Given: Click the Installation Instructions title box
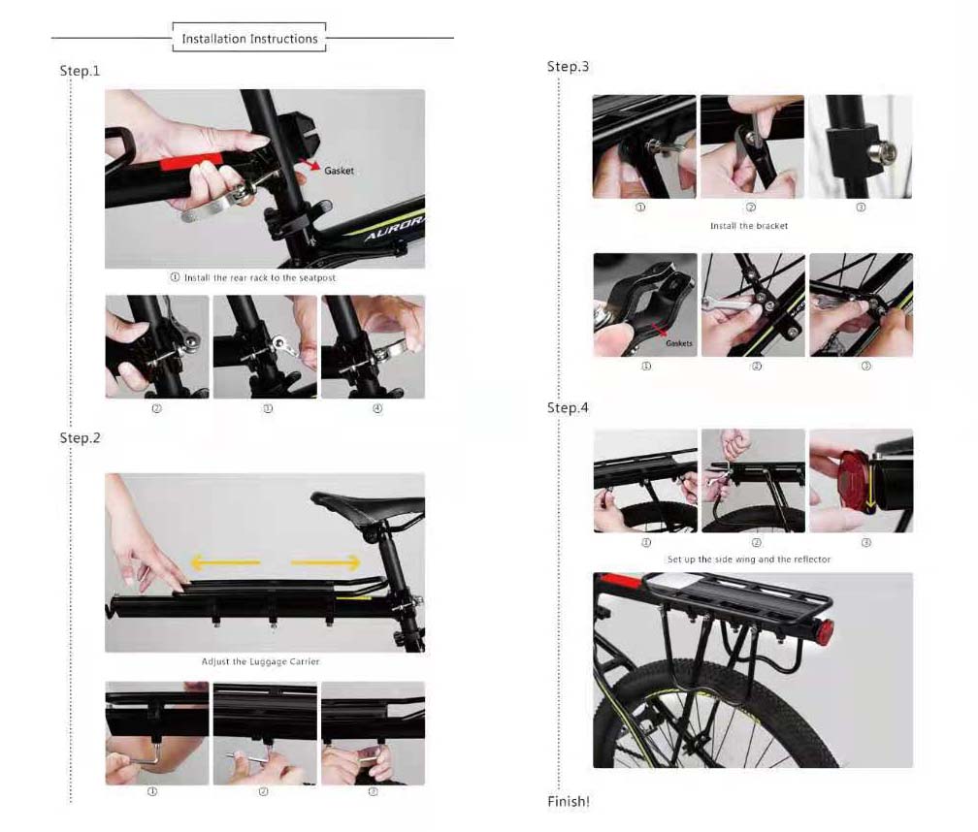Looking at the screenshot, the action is point(249,38).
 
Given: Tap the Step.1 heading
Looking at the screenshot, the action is point(80,71).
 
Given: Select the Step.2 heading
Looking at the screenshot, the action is point(80,438).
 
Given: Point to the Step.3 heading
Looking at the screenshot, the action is point(568,67).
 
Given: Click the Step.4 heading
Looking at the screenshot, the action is point(568,407).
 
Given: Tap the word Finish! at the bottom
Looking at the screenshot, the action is point(569,802).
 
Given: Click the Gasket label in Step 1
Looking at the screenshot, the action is point(339,171).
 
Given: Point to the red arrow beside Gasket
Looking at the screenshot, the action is point(310,165).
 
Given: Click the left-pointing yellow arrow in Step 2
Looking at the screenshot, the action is point(225,562).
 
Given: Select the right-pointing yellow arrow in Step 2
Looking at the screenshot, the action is point(326,562).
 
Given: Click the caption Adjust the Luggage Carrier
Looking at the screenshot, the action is point(260,661).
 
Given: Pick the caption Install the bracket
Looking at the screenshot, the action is point(748,226).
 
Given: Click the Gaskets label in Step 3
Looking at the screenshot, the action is point(678,343).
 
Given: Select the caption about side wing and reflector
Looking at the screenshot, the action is point(749,559).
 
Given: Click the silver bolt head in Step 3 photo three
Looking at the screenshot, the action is point(887,151).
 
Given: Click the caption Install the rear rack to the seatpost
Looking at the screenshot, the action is point(253,277).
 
